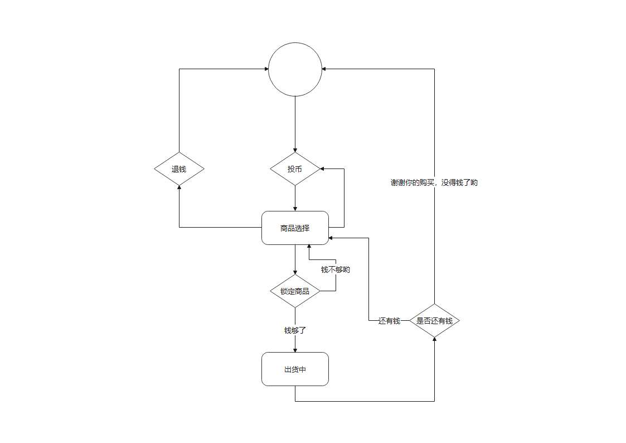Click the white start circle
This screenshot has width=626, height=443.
click(x=295, y=69)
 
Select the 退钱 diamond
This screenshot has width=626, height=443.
click(x=179, y=168)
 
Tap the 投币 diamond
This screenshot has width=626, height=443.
click(x=295, y=168)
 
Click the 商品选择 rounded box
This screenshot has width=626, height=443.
click(x=295, y=228)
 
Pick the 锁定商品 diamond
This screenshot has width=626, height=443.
click(x=295, y=291)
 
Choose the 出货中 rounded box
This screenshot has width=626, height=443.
click(x=295, y=369)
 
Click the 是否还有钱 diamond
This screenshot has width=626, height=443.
click(x=434, y=320)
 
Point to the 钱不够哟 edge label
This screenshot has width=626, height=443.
click(x=336, y=269)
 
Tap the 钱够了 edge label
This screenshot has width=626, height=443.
click(x=295, y=330)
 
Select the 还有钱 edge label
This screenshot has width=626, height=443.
click(x=389, y=320)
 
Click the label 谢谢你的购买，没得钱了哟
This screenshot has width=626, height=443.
click(x=434, y=182)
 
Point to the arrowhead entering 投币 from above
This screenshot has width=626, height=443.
click(x=295, y=150)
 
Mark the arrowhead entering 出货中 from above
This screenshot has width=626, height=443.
click(x=295, y=350)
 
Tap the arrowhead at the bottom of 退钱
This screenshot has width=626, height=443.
click(x=179, y=188)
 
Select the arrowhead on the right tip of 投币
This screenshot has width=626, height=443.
click(x=323, y=168)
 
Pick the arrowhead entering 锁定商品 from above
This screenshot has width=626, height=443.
click(x=295, y=272)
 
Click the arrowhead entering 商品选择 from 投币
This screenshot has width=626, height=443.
click(x=295, y=209)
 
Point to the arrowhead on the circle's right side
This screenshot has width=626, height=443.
click(x=324, y=69)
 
